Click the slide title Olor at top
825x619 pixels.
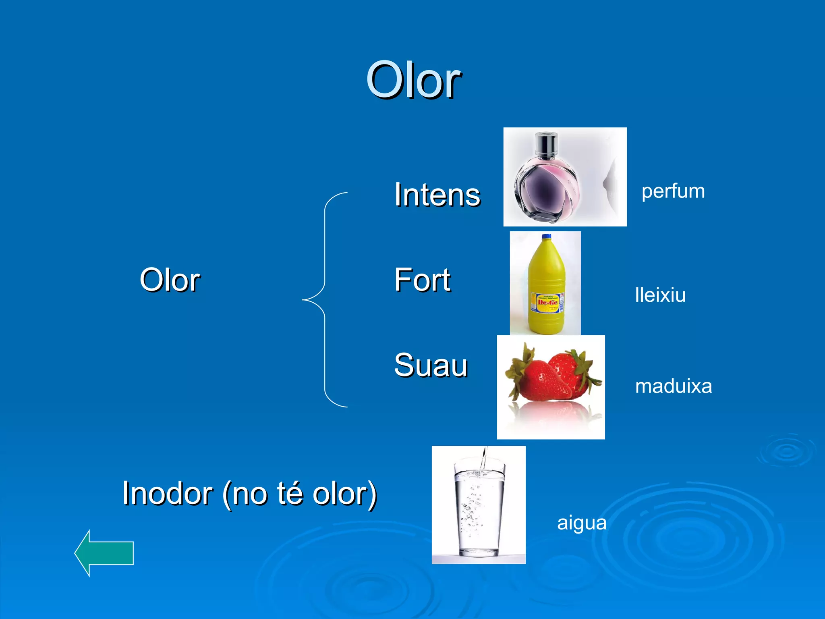pyautogui.click(x=413, y=81)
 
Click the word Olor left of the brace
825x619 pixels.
pyautogui.click(x=170, y=280)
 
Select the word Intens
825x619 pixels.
pyautogui.click(x=437, y=195)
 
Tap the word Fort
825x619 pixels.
pyautogui.click(x=422, y=280)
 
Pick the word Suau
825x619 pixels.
pyautogui.click(x=431, y=365)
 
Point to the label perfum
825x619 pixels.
pyautogui.click(x=673, y=191)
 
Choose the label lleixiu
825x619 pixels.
pyautogui.click(x=660, y=295)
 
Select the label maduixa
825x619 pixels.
pyautogui.click(x=673, y=386)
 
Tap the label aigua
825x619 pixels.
pyautogui.click(x=581, y=523)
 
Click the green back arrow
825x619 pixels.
pyautogui.click(x=104, y=553)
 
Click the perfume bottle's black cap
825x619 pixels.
pyautogui.click(x=546, y=145)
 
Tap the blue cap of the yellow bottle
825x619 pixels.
pyautogui.click(x=546, y=237)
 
